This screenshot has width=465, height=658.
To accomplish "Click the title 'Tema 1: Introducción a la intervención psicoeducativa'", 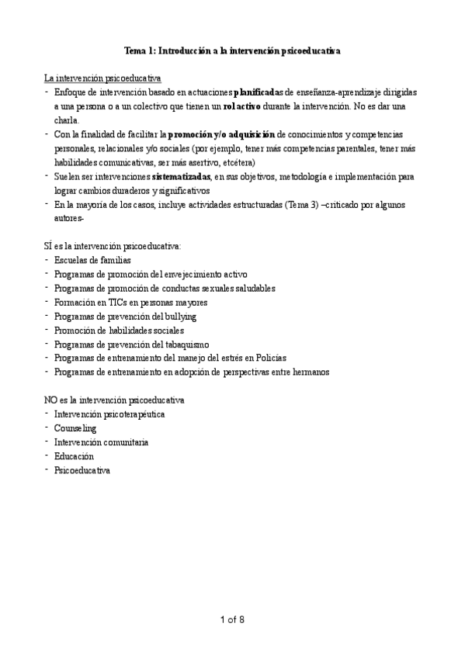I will [x=233, y=50].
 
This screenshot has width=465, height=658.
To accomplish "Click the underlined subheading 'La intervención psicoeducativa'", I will [x=102, y=78].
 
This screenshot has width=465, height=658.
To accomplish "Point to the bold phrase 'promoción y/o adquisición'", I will [x=221, y=134].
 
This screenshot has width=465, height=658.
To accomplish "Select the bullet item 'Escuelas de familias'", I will [x=92, y=260].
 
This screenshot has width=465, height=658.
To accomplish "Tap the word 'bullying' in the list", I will [x=179, y=316].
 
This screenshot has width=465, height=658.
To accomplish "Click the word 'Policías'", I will [x=270, y=358].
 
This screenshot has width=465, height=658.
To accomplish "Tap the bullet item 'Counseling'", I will [x=75, y=428].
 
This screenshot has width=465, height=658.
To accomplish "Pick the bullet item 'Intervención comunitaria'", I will [x=102, y=442].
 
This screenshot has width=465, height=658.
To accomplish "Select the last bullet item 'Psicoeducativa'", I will [x=82, y=470].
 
